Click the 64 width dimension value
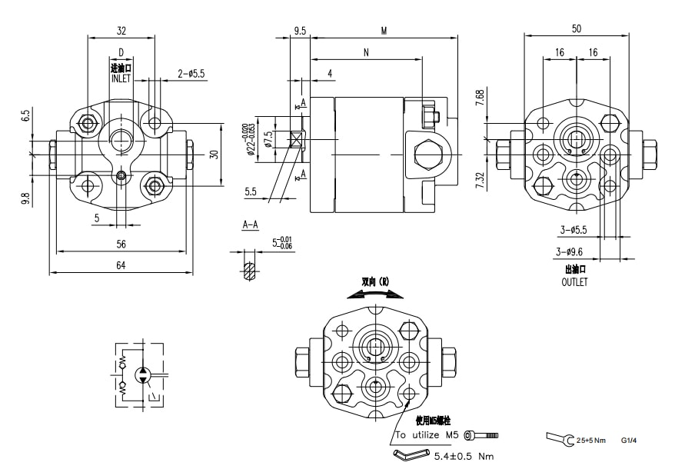click(x=121, y=265)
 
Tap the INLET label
click(x=121, y=78)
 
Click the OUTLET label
click(x=575, y=282)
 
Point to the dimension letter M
click(x=383, y=31)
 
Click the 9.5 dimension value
click(x=300, y=31)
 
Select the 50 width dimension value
click(x=577, y=28)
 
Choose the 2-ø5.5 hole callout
click(x=191, y=74)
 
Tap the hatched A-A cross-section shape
click(x=248, y=271)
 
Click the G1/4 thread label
click(x=630, y=441)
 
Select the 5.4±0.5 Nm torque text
click(x=464, y=456)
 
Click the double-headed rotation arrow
click(x=381, y=292)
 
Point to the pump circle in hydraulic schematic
click(x=142, y=375)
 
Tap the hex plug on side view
click(x=426, y=155)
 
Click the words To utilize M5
click(x=427, y=435)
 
